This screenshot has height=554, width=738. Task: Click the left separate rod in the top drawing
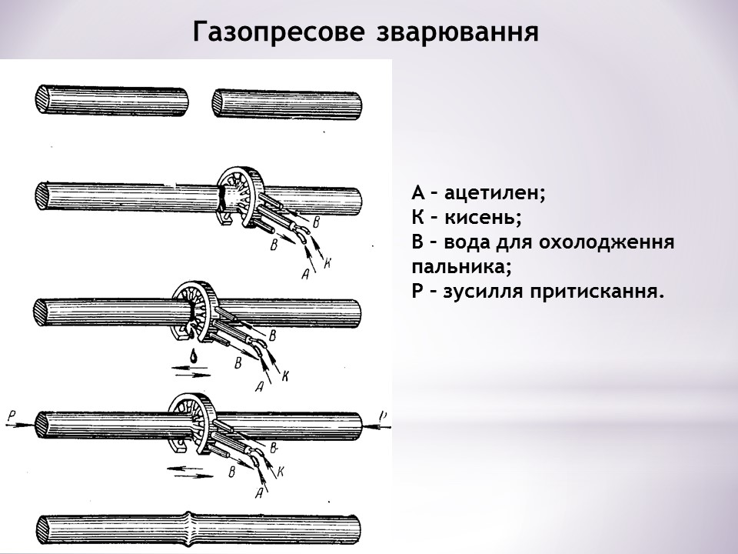pyautogui.click(x=111, y=101)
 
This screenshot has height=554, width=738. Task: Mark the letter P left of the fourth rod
pyautogui.click(x=11, y=415)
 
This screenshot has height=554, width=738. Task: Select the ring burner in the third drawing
pyautogui.click(x=195, y=309)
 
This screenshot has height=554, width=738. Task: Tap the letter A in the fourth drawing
pyautogui.click(x=259, y=492)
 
